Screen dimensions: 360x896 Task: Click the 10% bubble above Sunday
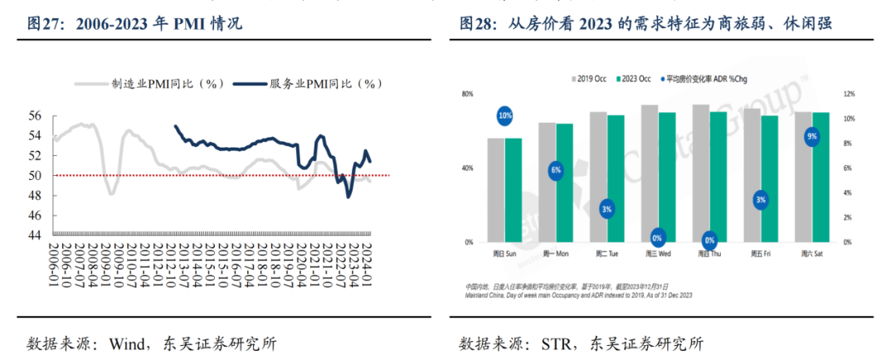coord(504,116)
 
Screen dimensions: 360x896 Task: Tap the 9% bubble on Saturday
coord(811,135)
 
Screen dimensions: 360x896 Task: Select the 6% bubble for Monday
coord(555,170)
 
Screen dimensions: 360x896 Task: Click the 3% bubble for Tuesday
coord(606,209)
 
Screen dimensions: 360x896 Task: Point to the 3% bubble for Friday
coord(761,199)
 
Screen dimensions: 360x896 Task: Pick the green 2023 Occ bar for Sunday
coord(514,190)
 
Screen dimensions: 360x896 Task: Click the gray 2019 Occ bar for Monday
coord(547,182)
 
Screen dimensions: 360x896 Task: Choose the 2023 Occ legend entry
coord(633,79)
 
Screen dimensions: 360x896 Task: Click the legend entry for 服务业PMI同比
coord(306,84)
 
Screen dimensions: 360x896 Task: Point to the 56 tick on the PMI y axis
coord(37,115)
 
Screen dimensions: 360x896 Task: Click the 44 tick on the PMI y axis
coord(37,235)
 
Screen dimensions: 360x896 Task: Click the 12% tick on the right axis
coord(849,95)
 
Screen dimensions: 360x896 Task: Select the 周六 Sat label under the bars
coord(811,253)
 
